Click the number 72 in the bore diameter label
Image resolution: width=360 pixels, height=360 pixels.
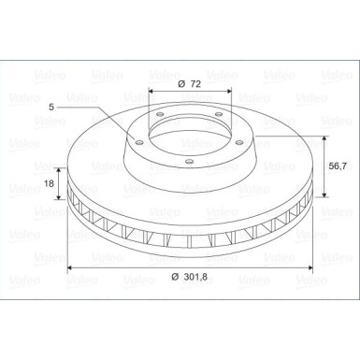pos(195,84)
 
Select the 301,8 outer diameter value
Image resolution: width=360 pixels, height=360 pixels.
pos(195,277)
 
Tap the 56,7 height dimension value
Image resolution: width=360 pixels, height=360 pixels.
pos(338,166)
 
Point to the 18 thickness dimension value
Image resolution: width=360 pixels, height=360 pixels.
pos(49,183)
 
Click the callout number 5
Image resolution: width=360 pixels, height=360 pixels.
pos(51,107)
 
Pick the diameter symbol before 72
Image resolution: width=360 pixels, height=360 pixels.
pos(181,84)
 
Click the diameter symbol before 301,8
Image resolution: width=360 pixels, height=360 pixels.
pos(176,277)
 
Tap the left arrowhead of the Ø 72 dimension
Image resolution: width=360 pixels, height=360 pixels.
pos(151,91)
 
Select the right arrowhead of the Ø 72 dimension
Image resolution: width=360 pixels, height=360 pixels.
pos(229,91)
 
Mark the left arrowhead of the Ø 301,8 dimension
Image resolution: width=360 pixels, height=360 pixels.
pos(70,267)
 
